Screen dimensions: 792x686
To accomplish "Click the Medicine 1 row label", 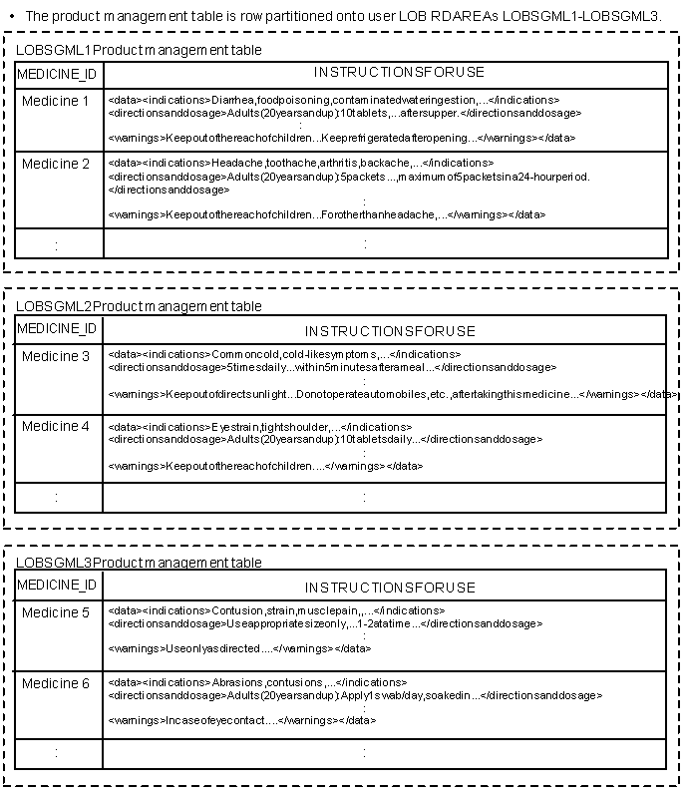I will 56,101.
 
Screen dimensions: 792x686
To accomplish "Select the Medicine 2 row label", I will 56,164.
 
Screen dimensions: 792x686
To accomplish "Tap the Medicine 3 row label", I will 56,356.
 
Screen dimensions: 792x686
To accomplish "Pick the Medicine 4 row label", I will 56,426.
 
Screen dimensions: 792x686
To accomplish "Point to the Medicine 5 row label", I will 56,612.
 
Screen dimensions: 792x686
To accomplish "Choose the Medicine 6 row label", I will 56,683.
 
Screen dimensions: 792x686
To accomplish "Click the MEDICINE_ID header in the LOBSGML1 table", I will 58,75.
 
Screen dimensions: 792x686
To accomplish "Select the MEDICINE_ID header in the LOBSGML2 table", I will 58,328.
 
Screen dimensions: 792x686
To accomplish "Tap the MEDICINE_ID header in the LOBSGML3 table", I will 58,585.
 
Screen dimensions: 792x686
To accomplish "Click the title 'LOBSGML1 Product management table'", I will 140,50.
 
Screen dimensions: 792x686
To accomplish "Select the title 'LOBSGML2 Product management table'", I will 140,306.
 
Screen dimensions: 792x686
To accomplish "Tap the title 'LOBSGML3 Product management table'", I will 140,563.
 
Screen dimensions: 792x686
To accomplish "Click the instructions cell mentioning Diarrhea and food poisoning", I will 385,120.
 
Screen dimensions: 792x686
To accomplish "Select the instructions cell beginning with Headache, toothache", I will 385,190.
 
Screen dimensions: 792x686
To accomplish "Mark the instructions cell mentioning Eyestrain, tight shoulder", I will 385,447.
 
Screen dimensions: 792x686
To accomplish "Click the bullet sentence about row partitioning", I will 343,16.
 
